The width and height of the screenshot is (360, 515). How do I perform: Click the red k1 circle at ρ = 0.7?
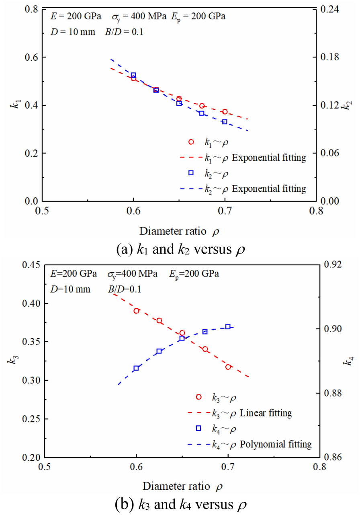pos(225,112)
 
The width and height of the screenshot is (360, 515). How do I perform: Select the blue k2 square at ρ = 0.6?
pos(133,75)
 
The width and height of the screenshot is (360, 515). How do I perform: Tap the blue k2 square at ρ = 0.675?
pos(202,113)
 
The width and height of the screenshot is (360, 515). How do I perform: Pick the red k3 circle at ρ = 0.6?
pos(137,311)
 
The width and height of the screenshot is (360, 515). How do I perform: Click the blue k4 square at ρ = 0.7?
pos(228,327)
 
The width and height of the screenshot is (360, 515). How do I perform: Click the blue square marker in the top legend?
pos(191,173)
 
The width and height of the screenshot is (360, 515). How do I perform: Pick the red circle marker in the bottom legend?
pos(198,397)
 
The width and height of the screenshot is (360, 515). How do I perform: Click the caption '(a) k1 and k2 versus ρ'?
pos(180,249)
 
